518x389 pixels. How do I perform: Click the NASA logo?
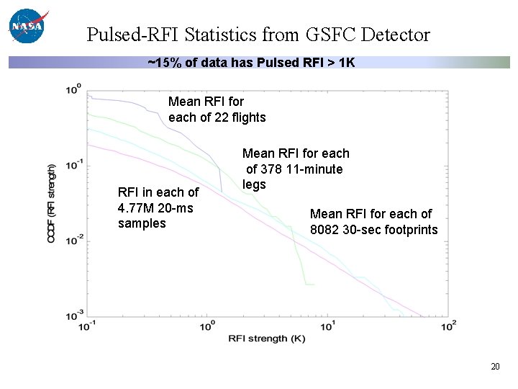(27, 26)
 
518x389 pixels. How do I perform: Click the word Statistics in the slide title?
(219, 35)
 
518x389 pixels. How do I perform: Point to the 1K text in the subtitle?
(347, 63)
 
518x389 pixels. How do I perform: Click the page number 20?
(495, 367)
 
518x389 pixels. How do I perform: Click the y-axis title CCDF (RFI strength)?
(52, 202)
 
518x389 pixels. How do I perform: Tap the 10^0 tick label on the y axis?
(73, 90)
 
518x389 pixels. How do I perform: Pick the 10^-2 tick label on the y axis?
(73, 240)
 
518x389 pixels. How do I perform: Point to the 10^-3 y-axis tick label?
(73, 315)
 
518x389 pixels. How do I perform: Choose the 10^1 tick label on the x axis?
(327, 326)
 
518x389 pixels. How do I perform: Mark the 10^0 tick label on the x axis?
(207, 326)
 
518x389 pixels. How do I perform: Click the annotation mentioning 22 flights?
(217, 109)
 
